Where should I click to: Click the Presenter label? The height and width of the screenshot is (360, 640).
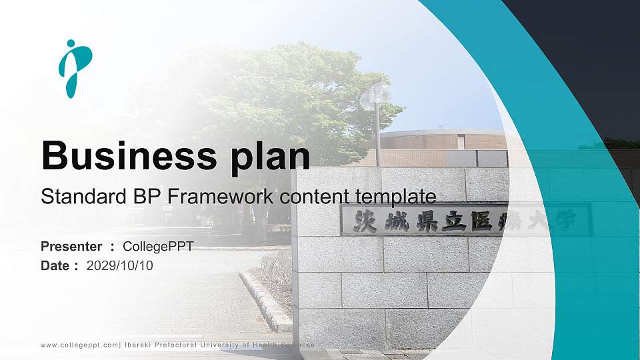pyautogui.click(x=71, y=247)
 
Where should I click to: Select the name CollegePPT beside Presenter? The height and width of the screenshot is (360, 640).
pyautogui.click(x=159, y=247)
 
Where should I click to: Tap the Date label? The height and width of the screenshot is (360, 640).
pyautogui.click(x=55, y=266)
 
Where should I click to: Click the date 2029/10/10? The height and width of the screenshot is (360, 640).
pyautogui.click(x=120, y=266)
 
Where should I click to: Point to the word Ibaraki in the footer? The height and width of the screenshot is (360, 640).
pyautogui.click(x=141, y=345)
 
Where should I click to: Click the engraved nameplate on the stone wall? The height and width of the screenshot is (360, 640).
pyautogui.click(x=465, y=220)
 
